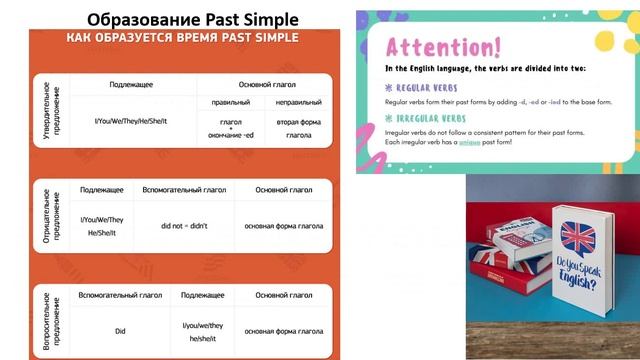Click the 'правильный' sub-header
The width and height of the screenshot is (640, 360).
230,102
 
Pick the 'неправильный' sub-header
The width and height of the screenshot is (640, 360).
298,102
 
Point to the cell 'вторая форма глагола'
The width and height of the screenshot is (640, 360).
298,127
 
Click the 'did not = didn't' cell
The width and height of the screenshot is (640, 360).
184,226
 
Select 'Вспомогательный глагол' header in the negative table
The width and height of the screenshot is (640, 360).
184,189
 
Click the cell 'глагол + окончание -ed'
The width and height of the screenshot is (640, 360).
230,127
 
